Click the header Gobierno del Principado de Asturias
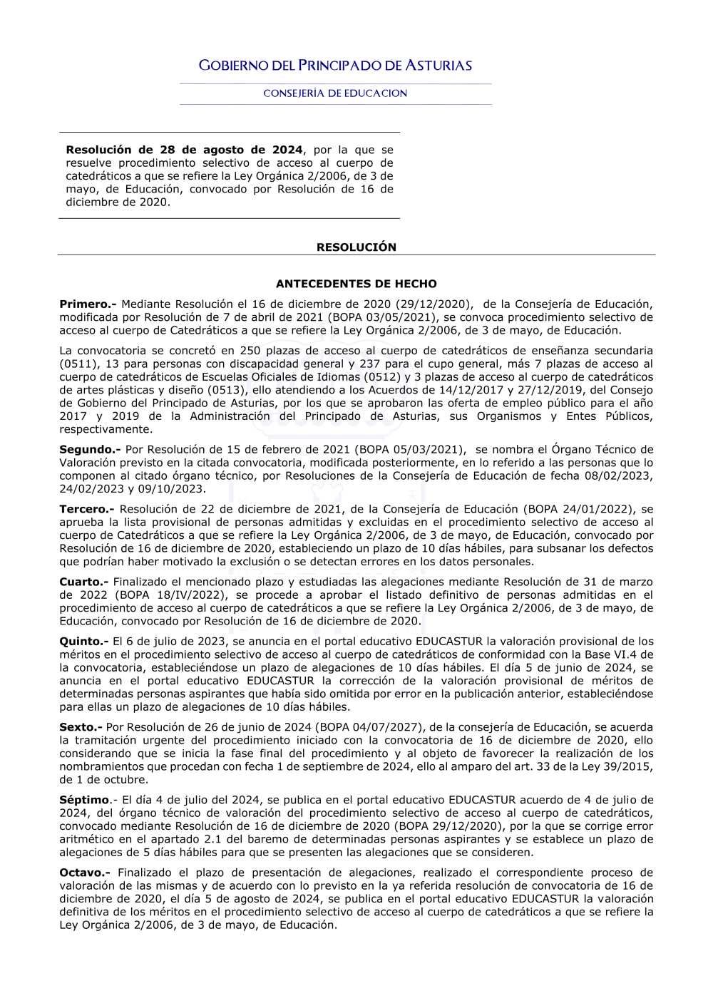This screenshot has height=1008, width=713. click(335, 66)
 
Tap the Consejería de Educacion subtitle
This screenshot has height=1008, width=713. click(335, 93)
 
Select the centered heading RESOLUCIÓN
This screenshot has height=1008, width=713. click(356, 247)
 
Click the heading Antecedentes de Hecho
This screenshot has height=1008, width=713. click(356, 284)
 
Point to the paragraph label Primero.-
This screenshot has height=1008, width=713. click(88, 304)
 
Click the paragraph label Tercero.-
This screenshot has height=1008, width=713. click(86, 510)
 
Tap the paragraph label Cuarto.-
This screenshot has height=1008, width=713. click(83, 582)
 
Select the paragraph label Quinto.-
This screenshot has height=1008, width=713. click(83, 642)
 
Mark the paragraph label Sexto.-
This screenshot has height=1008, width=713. click(81, 728)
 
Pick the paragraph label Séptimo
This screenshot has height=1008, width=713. click(84, 801)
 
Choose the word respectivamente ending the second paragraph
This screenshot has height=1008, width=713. click(106, 430)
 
